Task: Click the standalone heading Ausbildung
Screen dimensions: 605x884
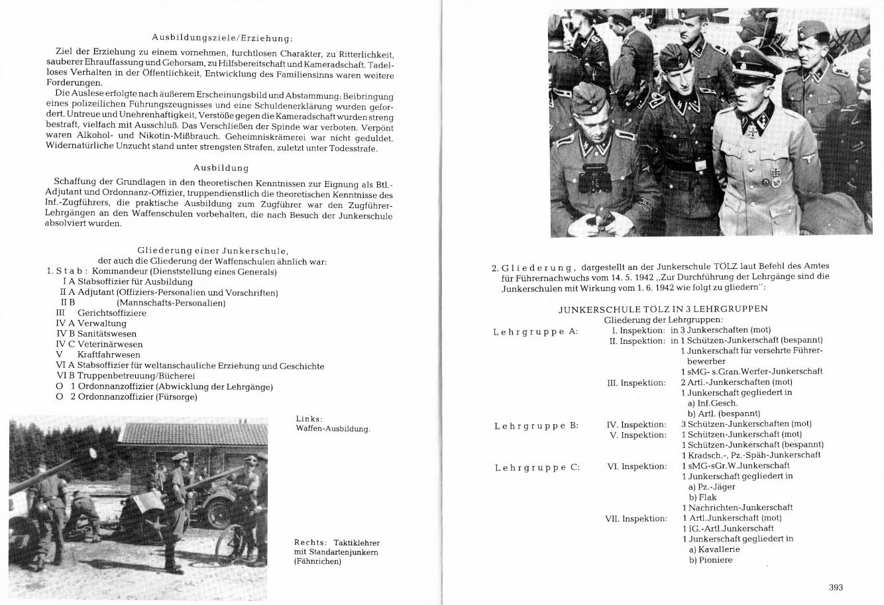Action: (x=221, y=168)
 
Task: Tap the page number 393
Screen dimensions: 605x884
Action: (x=835, y=586)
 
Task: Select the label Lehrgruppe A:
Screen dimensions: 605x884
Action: (x=535, y=331)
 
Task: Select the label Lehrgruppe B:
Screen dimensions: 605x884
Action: (x=536, y=425)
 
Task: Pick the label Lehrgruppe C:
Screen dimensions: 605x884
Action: (x=537, y=467)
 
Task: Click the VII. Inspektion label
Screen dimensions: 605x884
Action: (x=635, y=518)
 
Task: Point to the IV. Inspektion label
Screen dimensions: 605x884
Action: (x=636, y=424)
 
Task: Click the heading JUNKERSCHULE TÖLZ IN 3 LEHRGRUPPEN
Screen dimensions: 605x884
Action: (x=663, y=309)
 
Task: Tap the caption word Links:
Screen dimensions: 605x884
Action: (x=309, y=418)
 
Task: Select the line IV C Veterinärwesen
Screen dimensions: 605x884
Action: (x=99, y=344)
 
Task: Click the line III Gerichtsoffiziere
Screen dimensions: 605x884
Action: (x=101, y=313)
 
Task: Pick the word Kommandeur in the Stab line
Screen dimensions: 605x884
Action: (x=120, y=271)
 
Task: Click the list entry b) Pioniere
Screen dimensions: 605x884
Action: (x=710, y=560)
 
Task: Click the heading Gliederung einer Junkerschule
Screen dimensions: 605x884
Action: (x=212, y=250)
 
